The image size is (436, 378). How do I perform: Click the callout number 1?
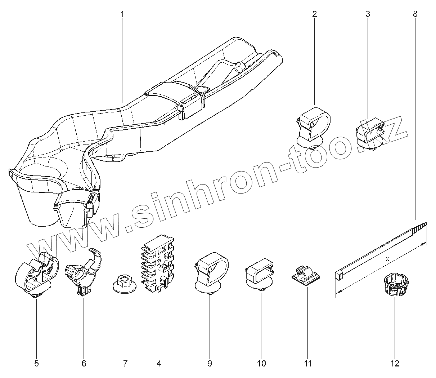[x=122, y=14]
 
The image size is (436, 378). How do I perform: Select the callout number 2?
[x=315, y=14]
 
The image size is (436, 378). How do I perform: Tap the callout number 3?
[x=368, y=14]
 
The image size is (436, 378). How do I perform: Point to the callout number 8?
[x=415, y=14]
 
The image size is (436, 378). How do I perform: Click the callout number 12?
[x=395, y=364]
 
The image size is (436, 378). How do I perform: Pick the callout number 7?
[x=125, y=364]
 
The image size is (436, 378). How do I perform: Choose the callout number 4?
[x=159, y=364]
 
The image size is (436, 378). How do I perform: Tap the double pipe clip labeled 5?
[x=37, y=274]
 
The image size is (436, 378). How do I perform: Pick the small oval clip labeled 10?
[x=260, y=276]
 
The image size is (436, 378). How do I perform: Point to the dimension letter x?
[x=387, y=259]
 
